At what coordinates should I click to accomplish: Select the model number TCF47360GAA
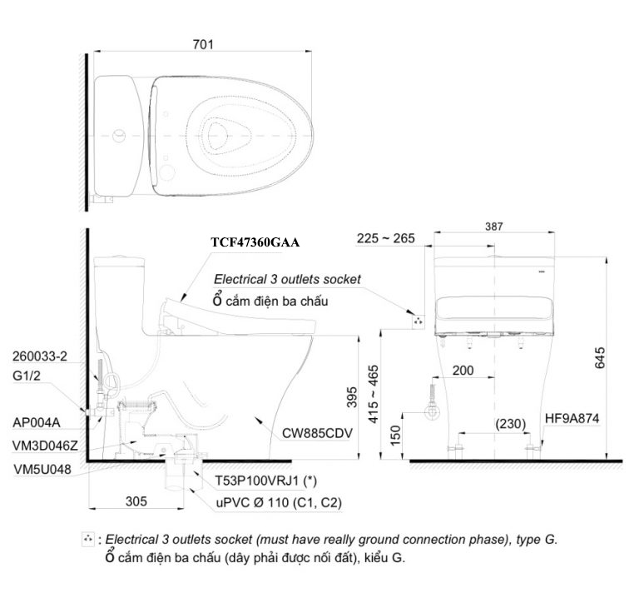(255, 242)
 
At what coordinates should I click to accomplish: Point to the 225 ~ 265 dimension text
(386, 239)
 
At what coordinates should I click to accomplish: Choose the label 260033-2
(40, 356)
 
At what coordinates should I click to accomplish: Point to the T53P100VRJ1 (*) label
(265, 481)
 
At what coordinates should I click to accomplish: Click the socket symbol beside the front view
(417, 318)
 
